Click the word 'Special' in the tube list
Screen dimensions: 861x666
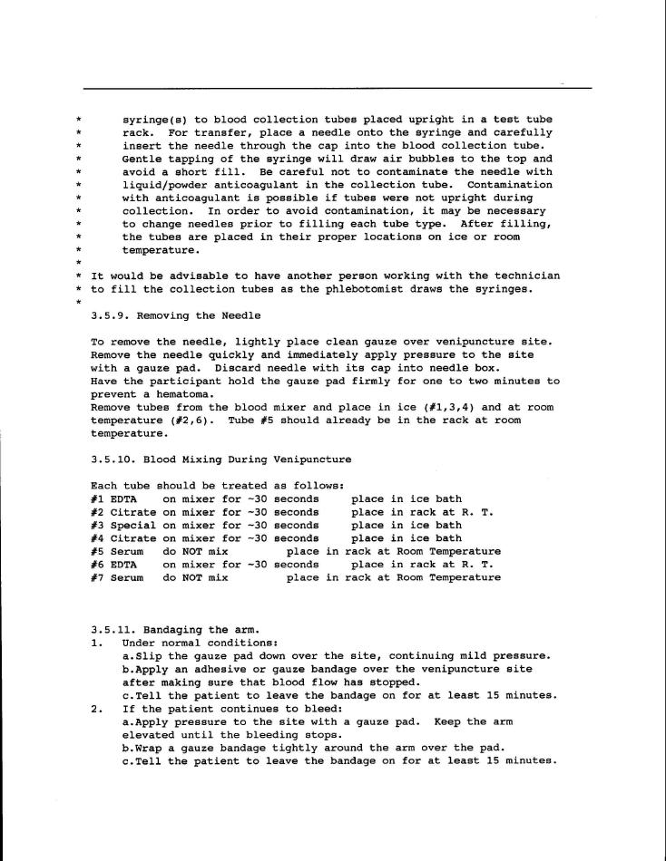click(x=133, y=525)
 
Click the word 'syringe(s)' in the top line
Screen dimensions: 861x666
click(x=157, y=120)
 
